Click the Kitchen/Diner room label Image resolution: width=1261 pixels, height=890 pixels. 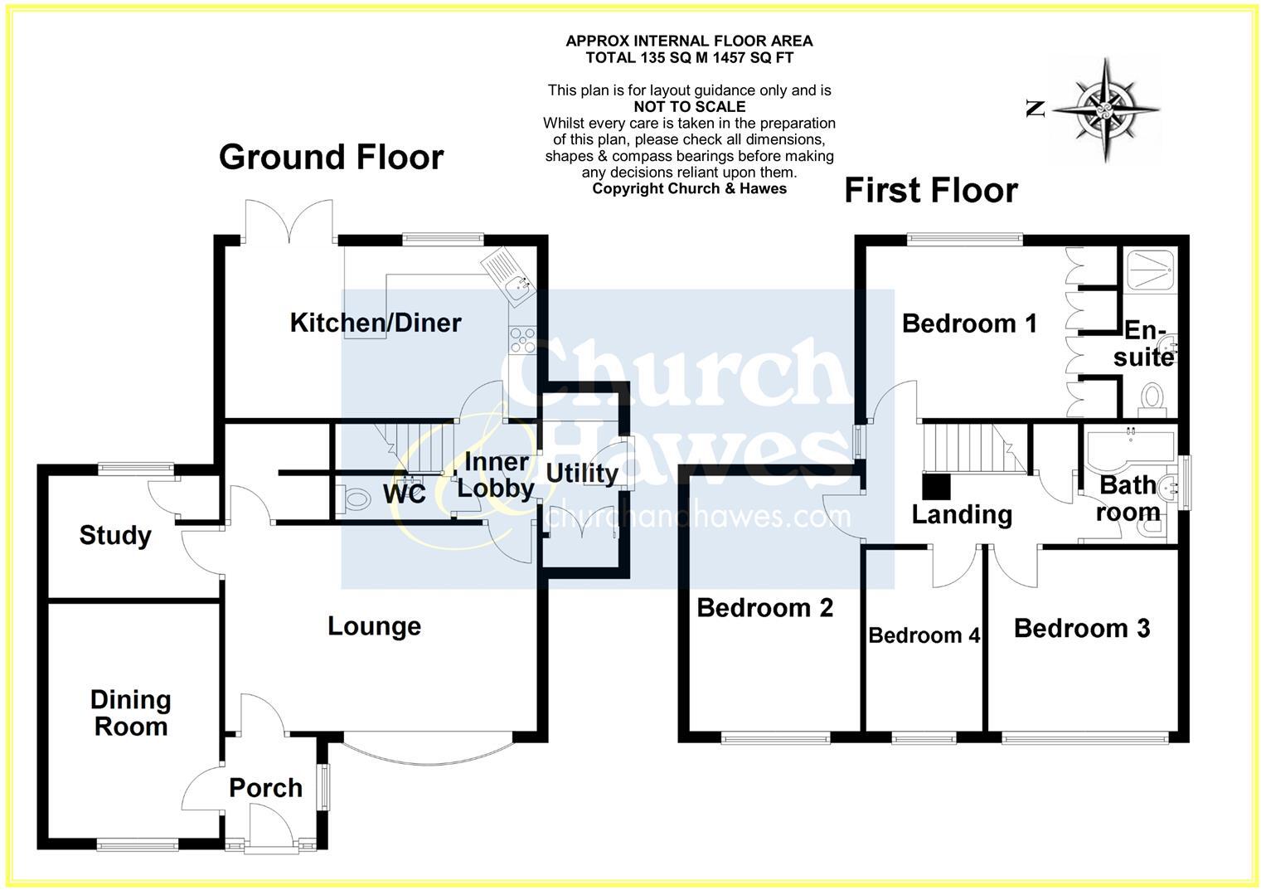point(375,323)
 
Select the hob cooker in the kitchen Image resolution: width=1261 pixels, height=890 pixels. point(522,340)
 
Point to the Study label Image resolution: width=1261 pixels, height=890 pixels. point(115,536)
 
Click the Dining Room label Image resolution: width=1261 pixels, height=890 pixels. point(131,713)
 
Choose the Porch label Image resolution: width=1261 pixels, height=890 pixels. point(265,788)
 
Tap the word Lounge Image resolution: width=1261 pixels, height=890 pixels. point(374,626)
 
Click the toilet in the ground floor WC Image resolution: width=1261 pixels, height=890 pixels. point(355,499)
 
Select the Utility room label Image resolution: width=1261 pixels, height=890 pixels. point(582,474)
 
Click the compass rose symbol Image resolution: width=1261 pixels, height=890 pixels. point(1106,109)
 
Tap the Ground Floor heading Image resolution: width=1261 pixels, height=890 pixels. point(332,157)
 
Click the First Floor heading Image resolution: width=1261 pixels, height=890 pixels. point(930,190)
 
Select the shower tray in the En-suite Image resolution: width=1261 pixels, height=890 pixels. point(1148,269)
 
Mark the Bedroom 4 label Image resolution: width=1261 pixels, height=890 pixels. point(924,635)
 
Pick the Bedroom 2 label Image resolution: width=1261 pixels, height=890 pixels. point(764,608)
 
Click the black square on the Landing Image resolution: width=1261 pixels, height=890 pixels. point(937,485)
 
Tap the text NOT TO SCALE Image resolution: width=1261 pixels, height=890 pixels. point(689,107)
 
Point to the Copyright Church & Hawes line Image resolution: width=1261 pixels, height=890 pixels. point(689,188)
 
